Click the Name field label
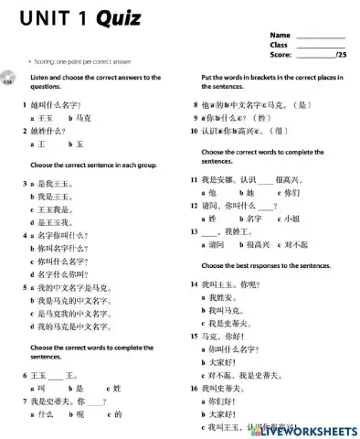click(280, 35)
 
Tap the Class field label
click(279, 45)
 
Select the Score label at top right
click(280, 55)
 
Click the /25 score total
click(342, 55)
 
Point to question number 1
click(25, 105)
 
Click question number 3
click(25, 184)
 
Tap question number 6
click(25, 375)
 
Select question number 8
click(196, 105)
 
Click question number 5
click(25, 287)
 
